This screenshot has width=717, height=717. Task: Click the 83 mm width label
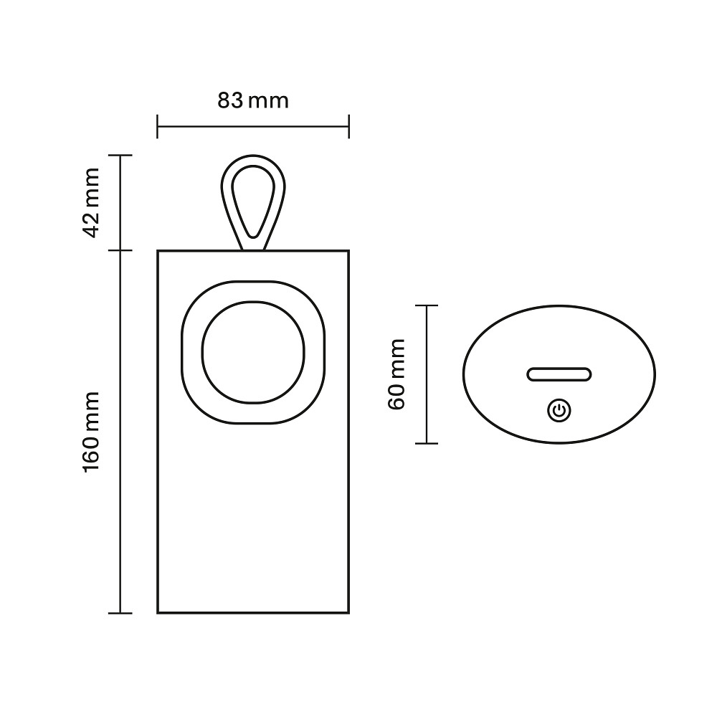point(253,100)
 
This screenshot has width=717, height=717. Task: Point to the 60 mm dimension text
point(396,374)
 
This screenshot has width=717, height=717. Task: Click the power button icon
point(559,411)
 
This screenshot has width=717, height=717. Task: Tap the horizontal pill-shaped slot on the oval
point(559,374)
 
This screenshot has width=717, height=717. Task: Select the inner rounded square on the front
point(253,353)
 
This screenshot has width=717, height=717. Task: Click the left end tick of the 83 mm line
point(157,126)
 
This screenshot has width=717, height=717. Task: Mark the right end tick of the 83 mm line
point(349,126)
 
